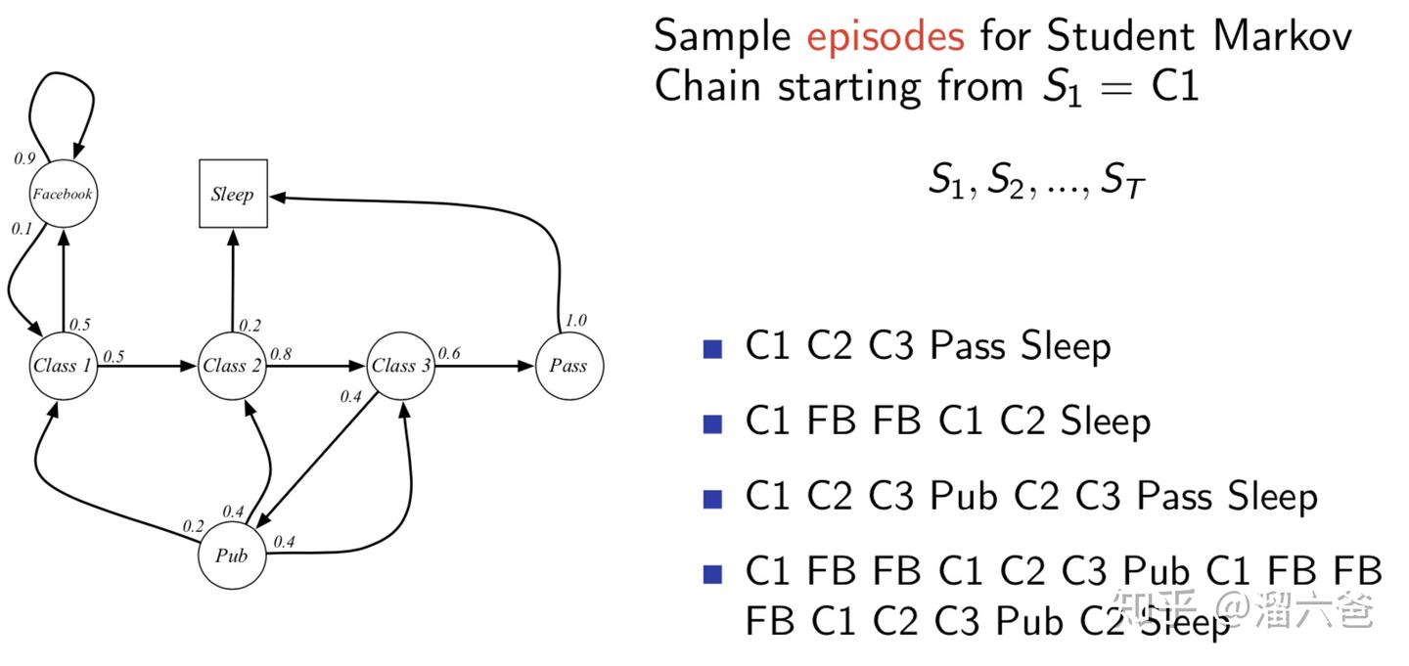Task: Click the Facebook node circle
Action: [64, 194]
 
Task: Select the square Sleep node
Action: [233, 194]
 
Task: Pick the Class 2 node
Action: [232, 366]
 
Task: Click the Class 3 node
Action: [401, 366]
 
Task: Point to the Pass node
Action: [568, 366]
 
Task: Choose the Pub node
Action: [232, 555]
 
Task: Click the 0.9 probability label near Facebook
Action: [24, 157]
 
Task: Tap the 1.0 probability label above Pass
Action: [577, 321]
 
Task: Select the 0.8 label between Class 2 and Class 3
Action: [281, 353]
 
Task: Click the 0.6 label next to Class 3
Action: [449, 353]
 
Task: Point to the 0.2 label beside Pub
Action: [193, 526]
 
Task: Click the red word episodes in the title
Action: [886, 36]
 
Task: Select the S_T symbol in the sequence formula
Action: [1123, 181]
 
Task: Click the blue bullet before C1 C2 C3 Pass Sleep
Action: [713, 347]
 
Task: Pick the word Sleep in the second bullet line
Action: [1106, 422]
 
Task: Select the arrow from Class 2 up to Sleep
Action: [233, 279]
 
